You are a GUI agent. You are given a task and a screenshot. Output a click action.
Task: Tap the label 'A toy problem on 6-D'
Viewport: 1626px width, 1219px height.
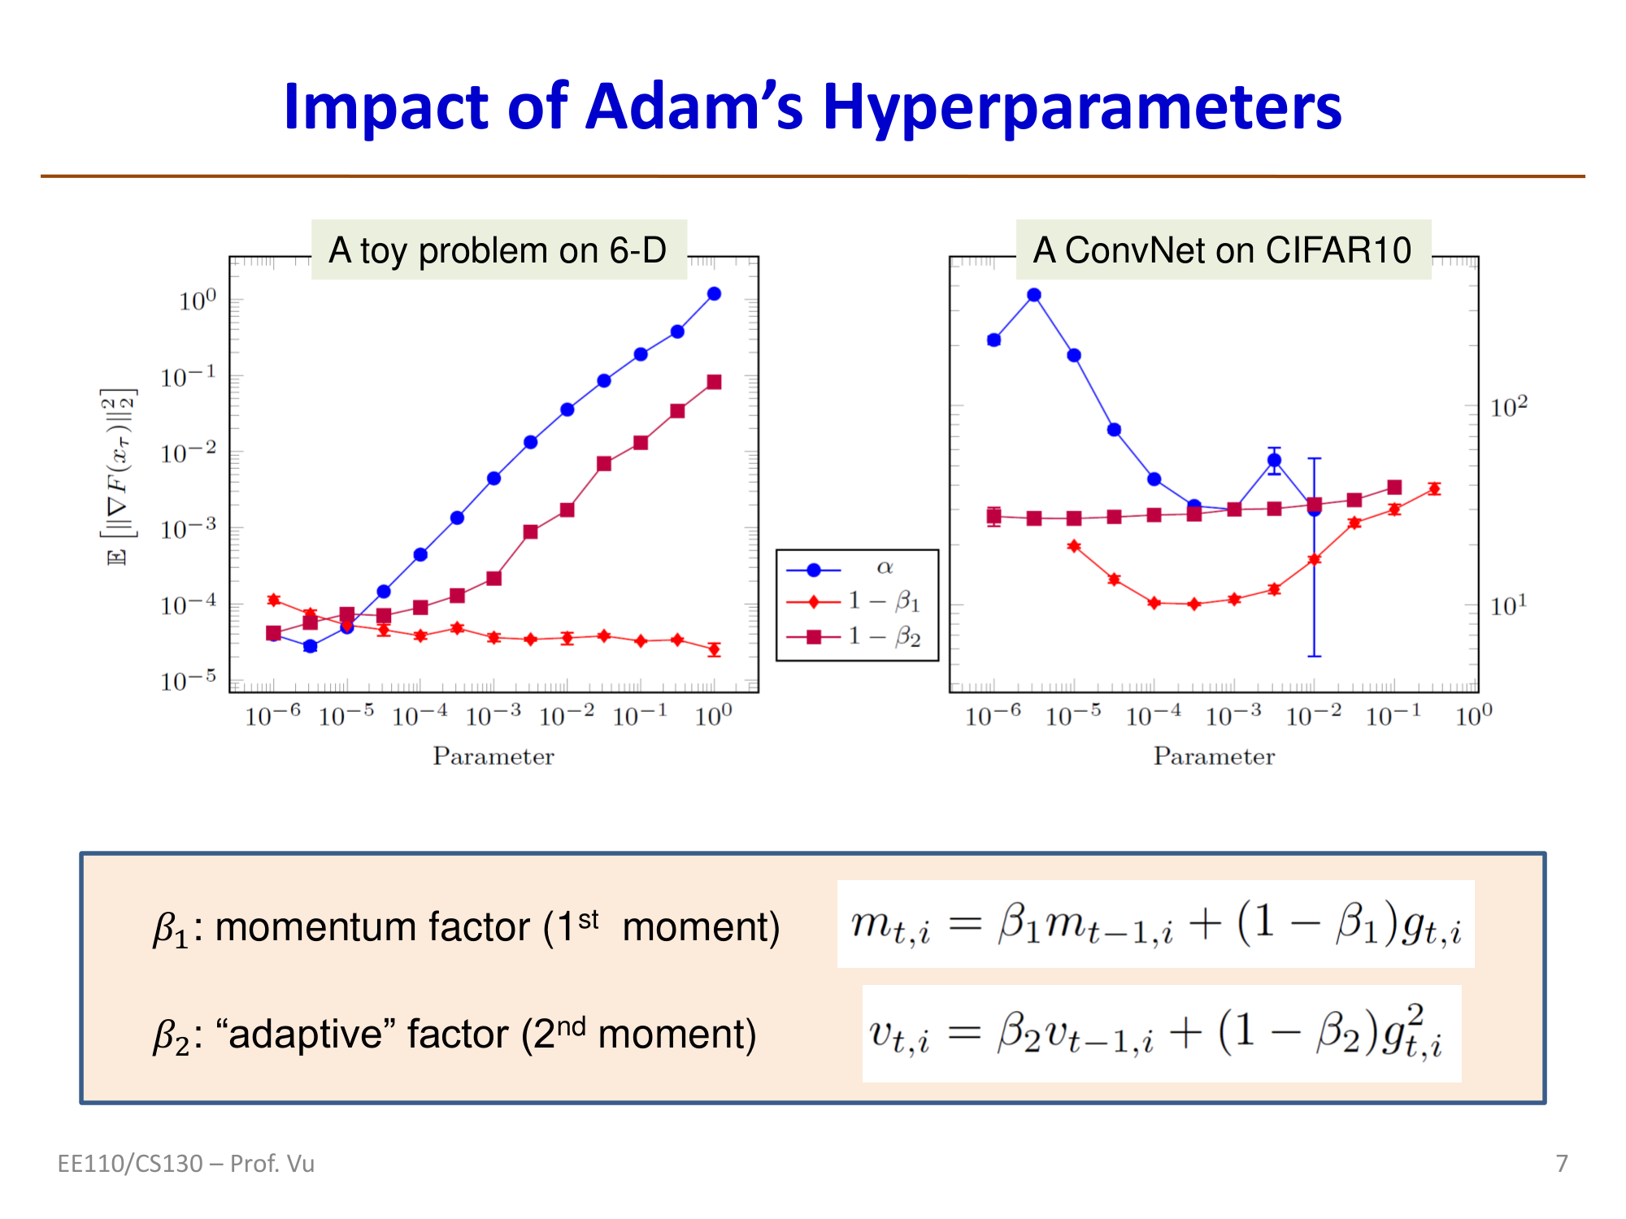point(498,250)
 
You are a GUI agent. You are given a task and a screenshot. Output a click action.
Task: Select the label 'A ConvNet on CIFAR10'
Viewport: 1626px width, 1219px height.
point(1222,250)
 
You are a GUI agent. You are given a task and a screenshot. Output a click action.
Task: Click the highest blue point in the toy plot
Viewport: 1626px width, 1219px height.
point(714,294)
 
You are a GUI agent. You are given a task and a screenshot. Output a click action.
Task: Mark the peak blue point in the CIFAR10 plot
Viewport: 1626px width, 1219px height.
point(1034,295)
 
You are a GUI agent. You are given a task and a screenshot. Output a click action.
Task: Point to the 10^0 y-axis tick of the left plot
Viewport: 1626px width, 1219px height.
point(198,301)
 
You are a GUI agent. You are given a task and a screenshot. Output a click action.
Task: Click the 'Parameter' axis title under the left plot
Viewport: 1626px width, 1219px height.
point(493,757)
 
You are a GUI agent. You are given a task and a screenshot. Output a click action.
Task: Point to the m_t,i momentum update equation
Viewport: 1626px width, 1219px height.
point(1155,925)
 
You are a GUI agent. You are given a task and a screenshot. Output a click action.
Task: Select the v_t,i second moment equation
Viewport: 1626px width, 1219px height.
point(1161,1034)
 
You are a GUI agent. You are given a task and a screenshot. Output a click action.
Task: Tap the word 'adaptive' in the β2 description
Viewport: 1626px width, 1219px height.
point(302,1035)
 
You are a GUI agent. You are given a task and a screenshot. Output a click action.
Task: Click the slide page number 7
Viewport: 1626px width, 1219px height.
point(1562,1164)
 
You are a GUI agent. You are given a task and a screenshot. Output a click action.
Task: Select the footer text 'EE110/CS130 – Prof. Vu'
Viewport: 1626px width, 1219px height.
point(186,1164)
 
